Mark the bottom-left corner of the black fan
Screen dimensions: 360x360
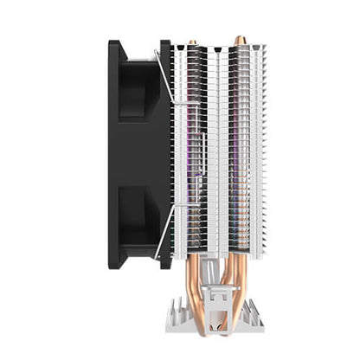pyautogui.click(x=113, y=265)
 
